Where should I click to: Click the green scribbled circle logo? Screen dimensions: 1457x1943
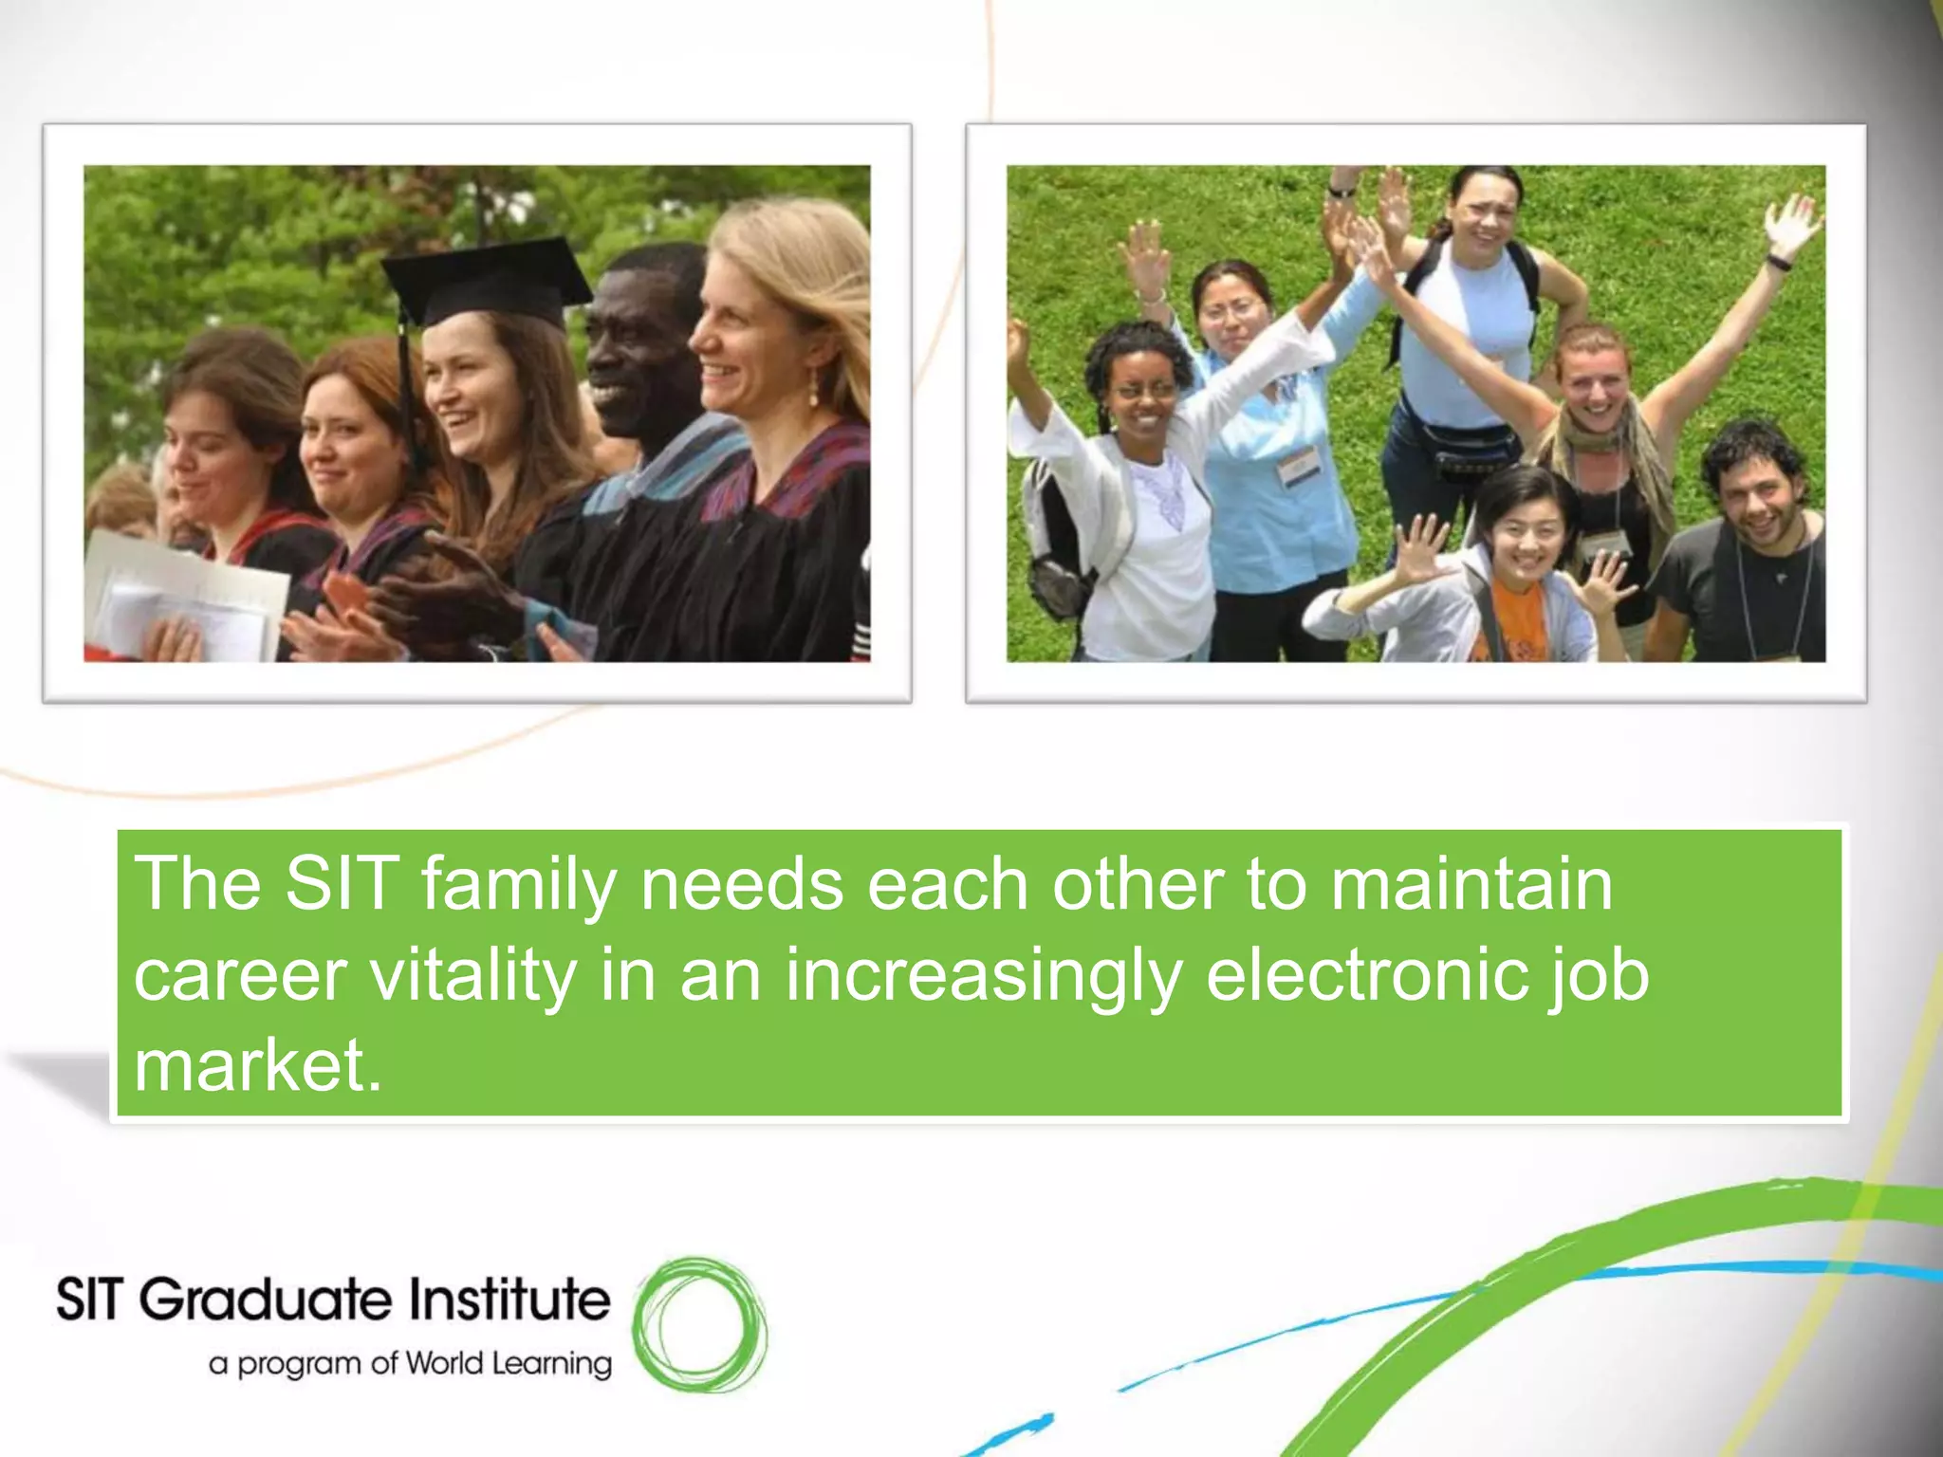coord(700,1325)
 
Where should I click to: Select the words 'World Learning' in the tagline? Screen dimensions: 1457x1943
coord(509,1363)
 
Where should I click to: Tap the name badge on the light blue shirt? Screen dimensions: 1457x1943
coord(1295,466)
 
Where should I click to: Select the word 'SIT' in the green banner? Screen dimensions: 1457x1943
coord(341,886)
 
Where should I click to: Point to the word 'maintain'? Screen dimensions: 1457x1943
coord(1471,886)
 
